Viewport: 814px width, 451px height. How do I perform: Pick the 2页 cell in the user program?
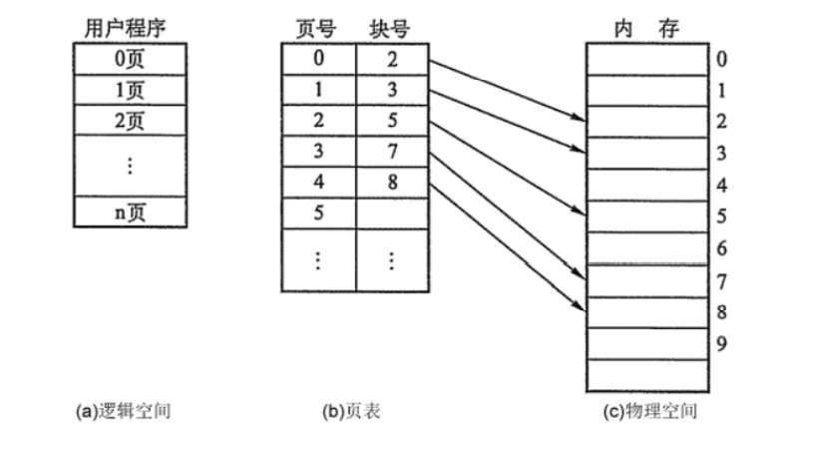click(130, 121)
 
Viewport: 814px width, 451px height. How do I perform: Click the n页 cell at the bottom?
click(130, 212)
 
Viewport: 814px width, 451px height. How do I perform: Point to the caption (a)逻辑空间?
click(124, 410)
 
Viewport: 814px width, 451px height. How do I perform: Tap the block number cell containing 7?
click(392, 152)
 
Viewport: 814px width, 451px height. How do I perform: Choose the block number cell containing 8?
click(392, 183)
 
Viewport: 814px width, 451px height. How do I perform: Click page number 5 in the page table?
click(318, 213)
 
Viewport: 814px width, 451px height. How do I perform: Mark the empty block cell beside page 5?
click(392, 213)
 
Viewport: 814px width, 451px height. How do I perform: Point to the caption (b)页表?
click(351, 410)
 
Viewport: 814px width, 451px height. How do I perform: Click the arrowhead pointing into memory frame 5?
click(581, 215)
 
